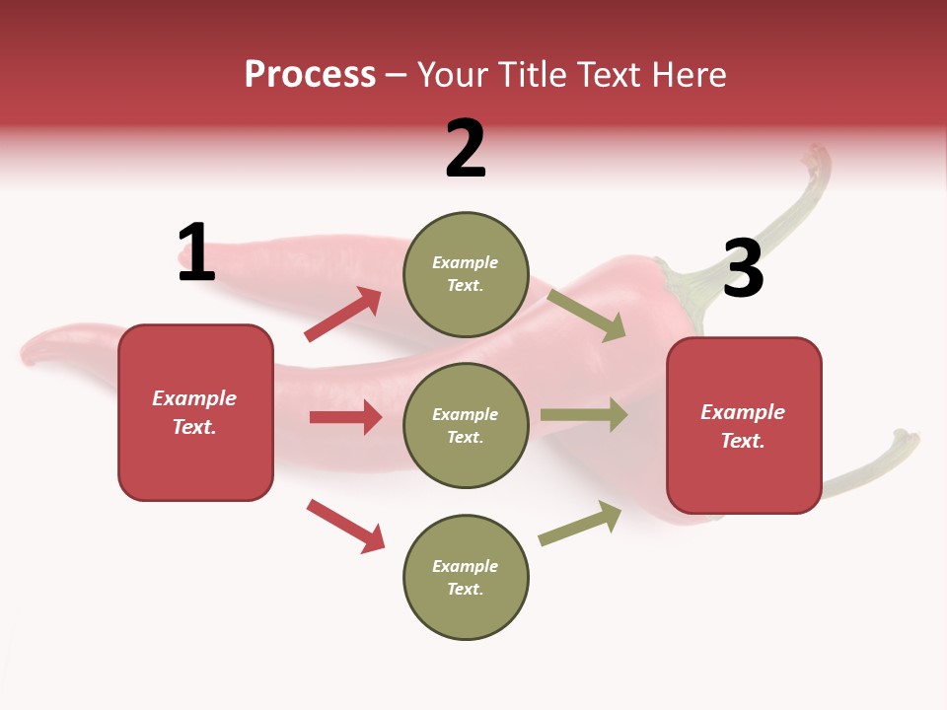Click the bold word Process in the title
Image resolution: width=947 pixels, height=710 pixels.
[310, 74]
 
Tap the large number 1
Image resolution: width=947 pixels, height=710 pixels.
[196, 252]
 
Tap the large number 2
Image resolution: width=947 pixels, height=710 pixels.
[466, 148]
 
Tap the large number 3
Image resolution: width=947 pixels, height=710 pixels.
[743, 269]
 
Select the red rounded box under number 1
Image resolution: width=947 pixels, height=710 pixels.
[195, 412]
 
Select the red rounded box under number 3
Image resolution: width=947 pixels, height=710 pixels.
[744, 426]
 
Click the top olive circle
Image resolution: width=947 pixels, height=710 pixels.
[466, 273]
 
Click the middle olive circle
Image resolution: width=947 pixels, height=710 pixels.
[466, 425]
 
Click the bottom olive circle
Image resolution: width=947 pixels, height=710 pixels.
[466, 577]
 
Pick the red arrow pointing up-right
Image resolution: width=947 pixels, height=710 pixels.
[343, 315]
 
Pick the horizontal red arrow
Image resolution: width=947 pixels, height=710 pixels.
[345, 417]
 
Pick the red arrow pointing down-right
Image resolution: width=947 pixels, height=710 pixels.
[345, 526]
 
